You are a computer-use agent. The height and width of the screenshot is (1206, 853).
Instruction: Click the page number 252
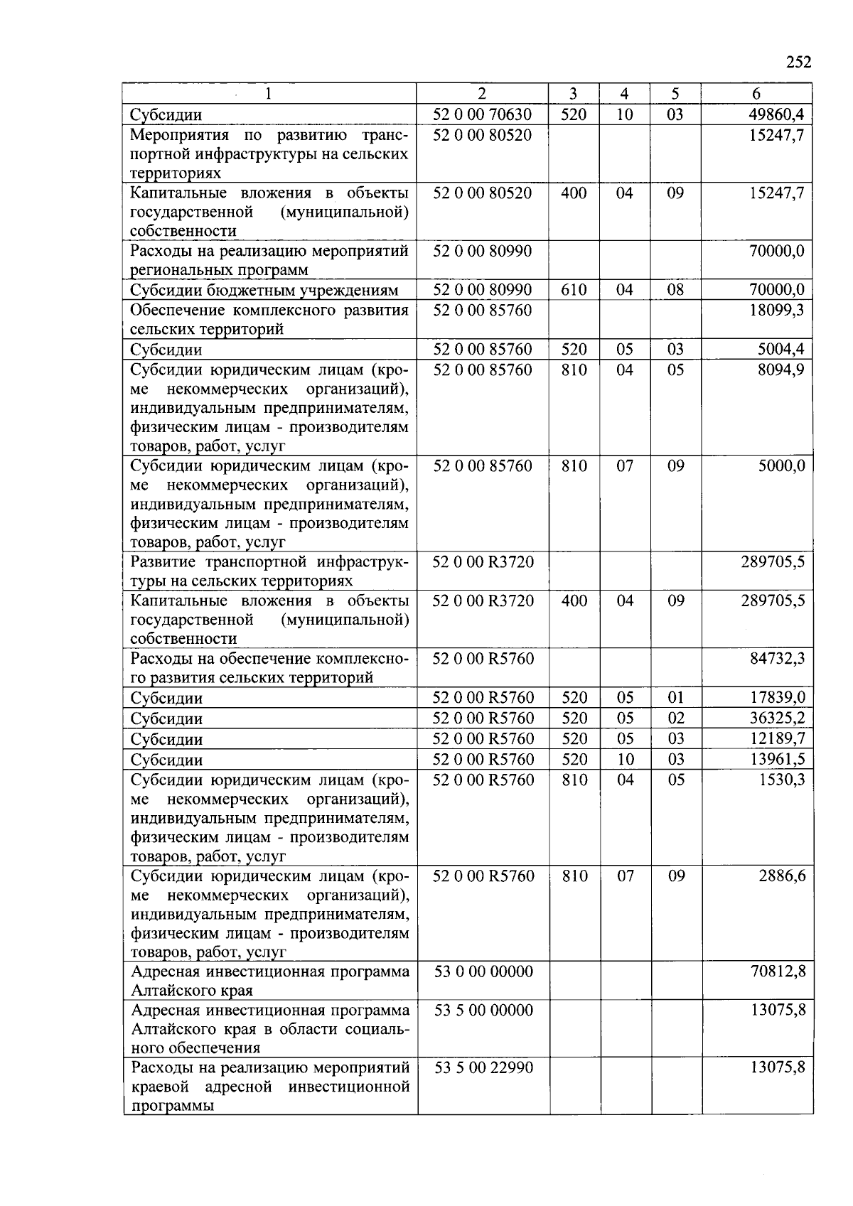pyautogui.click(x=798, y=62)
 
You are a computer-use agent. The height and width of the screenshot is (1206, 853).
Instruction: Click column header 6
pyautogui.click(x=756, y=94)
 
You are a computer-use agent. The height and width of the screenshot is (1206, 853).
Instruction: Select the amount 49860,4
pyautogui.click(x=776, y=114)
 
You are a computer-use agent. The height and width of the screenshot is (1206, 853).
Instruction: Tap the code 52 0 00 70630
pyautogui.click(x=483, y=114)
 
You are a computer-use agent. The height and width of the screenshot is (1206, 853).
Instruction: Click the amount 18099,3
pyautogui.click(x=777, y=310)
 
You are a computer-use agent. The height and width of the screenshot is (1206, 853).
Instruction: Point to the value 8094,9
pyautogui.click(x=780, y=370)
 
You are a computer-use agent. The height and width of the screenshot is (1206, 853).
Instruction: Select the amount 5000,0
pyautogui.click(x=781, y=465)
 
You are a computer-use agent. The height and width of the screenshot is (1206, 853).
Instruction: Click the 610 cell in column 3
pyautogui.click(x=574, y=289)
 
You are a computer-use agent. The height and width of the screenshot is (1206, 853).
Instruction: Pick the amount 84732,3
pyautogui.click(x=778, y=658)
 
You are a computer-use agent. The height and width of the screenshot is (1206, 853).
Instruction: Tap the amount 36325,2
pyautogui.click(x=778, y=718)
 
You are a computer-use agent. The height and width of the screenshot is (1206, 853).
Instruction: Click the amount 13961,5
pyautogui.click(x=778, y=760)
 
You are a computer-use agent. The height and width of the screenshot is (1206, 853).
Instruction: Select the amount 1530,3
pyautogui.click(x=781, y=780)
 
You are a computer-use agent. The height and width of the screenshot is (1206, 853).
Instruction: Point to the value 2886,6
pyautogui.click(x=781, y=876)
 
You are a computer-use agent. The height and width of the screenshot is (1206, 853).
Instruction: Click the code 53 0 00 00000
pyautogui.click(x=483, y=971)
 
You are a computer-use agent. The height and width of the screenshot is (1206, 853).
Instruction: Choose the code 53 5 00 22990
pyautogui.click(x=483, y=1067)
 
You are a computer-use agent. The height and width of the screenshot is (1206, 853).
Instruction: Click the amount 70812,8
pyautogui.click(x=778, y=971)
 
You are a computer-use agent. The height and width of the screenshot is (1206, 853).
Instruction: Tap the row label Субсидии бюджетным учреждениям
pyautogui.click(x=264, y=290)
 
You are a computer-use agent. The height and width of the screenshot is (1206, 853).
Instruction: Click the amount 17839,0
pyautogui.click(x=778, y=698)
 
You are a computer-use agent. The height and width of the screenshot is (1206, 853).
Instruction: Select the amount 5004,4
pyautogui.click(x=780, y=349)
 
